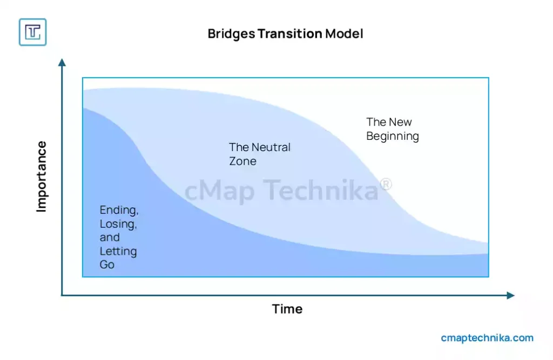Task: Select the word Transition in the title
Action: pyautogui.click(x=289, y=34)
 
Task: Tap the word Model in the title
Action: pyautogui.click(x=344, y=34)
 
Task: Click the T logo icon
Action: pyautogui.click(x=32, y=32)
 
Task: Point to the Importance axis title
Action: pyautogui.click(x=42, y=176)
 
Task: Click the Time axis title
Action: pyautogui.click(x=287, y=309)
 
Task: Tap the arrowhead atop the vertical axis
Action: pyautogui.click(x=62, y=63)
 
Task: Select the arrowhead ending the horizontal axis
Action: pyautogui.click(x=510, y=295)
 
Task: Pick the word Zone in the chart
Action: pyautogui.click(x=242, y=161)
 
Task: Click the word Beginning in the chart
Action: pyautogui.click(x=393, y=136)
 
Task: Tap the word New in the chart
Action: pyautogui.click(x=400, y=122)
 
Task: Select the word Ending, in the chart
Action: pyautogui.click(x=119, y=210)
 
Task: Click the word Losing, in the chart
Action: pyautogui.click(x=118, y=224)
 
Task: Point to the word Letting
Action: pyautogui.click(x=118, y=252)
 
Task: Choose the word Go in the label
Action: pyautogui.click(x=107, y=265)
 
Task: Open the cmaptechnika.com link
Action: pyautogui.click(x=487, y=338)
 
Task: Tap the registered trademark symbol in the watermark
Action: pyautogui.click(x=386, y=185)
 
